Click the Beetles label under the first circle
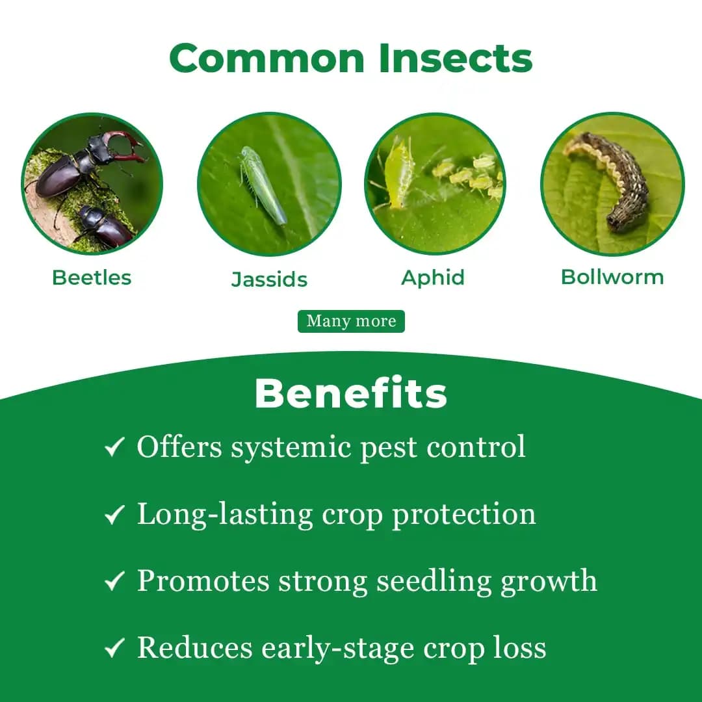(x=92, y=278)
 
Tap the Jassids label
(x=269, y=279)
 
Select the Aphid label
(x=433, y=278)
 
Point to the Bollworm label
(x=612, y=277)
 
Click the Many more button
(x=351, y=321)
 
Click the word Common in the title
(x=268, y=58)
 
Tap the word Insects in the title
(x=456, y=58)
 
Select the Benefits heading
(x=351, y=393)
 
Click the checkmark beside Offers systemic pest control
(x=114, y=447)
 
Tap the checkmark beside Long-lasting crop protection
(x=114, y=515)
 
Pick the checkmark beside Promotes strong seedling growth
(x=114, y=581)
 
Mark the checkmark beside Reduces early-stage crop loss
(x=114, y=648)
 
